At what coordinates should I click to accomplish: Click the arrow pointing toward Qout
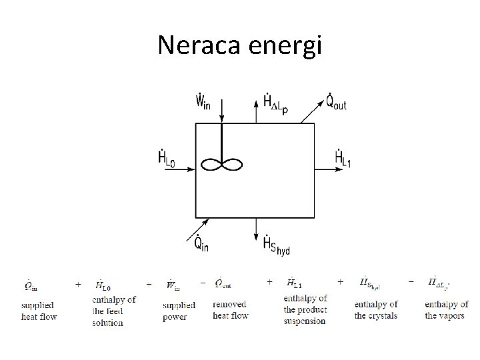coord(310,114)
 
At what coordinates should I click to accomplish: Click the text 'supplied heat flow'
coord(39,311)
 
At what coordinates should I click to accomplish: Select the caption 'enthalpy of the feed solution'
coord(114,311)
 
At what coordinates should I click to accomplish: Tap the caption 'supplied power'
coord(179,311)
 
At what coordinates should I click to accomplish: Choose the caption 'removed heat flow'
coord(231,310)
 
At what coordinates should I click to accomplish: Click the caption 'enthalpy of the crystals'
coord(376,310)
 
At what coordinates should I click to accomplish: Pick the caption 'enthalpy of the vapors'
coord(446,310)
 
